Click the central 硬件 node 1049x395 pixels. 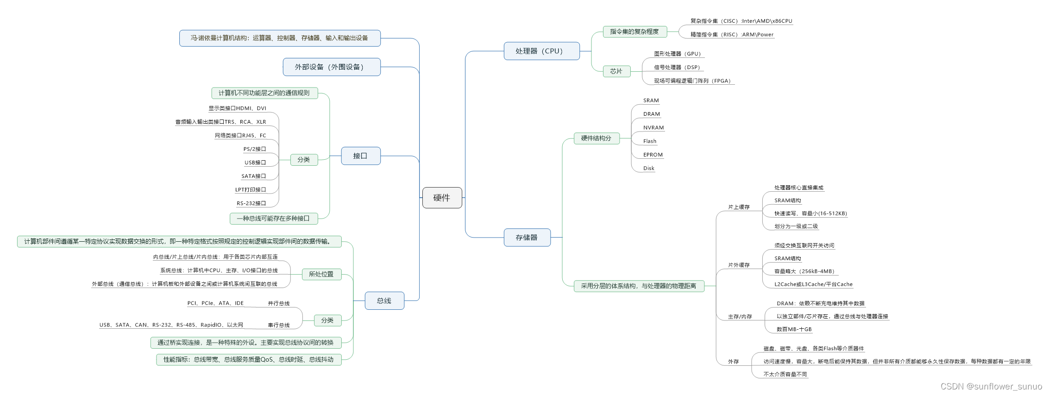pos(442,198)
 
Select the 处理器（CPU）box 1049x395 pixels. pos(541,51)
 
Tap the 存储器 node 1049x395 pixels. pos(527,238)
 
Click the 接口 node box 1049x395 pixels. pos(360,156)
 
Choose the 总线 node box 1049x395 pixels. pos(384,301)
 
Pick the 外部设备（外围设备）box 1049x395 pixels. pos(331,67)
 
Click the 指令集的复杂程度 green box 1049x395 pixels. pos(634,31)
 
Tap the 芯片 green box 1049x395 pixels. pos(616,71)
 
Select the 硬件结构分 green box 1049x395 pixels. pos(596,138)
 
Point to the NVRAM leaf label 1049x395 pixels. pos(653,128)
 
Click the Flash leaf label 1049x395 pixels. pos(649,141)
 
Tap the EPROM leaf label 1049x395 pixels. pos(653,155)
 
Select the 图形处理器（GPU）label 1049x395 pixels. pos(677,54)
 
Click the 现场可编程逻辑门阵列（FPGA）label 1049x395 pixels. pos(692,81)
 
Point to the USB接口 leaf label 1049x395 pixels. pos(255,163)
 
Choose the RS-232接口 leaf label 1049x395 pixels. pos(251,203)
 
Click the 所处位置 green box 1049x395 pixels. pos(321,274)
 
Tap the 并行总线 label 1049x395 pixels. pos(278,304)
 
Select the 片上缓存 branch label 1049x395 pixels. pos(738,207)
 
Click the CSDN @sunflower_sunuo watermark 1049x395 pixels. pos(991,386)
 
